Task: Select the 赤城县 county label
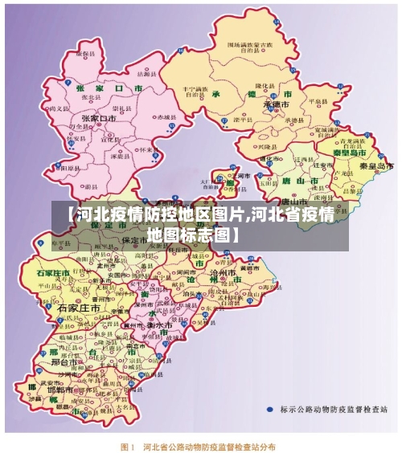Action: pos(164,117)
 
